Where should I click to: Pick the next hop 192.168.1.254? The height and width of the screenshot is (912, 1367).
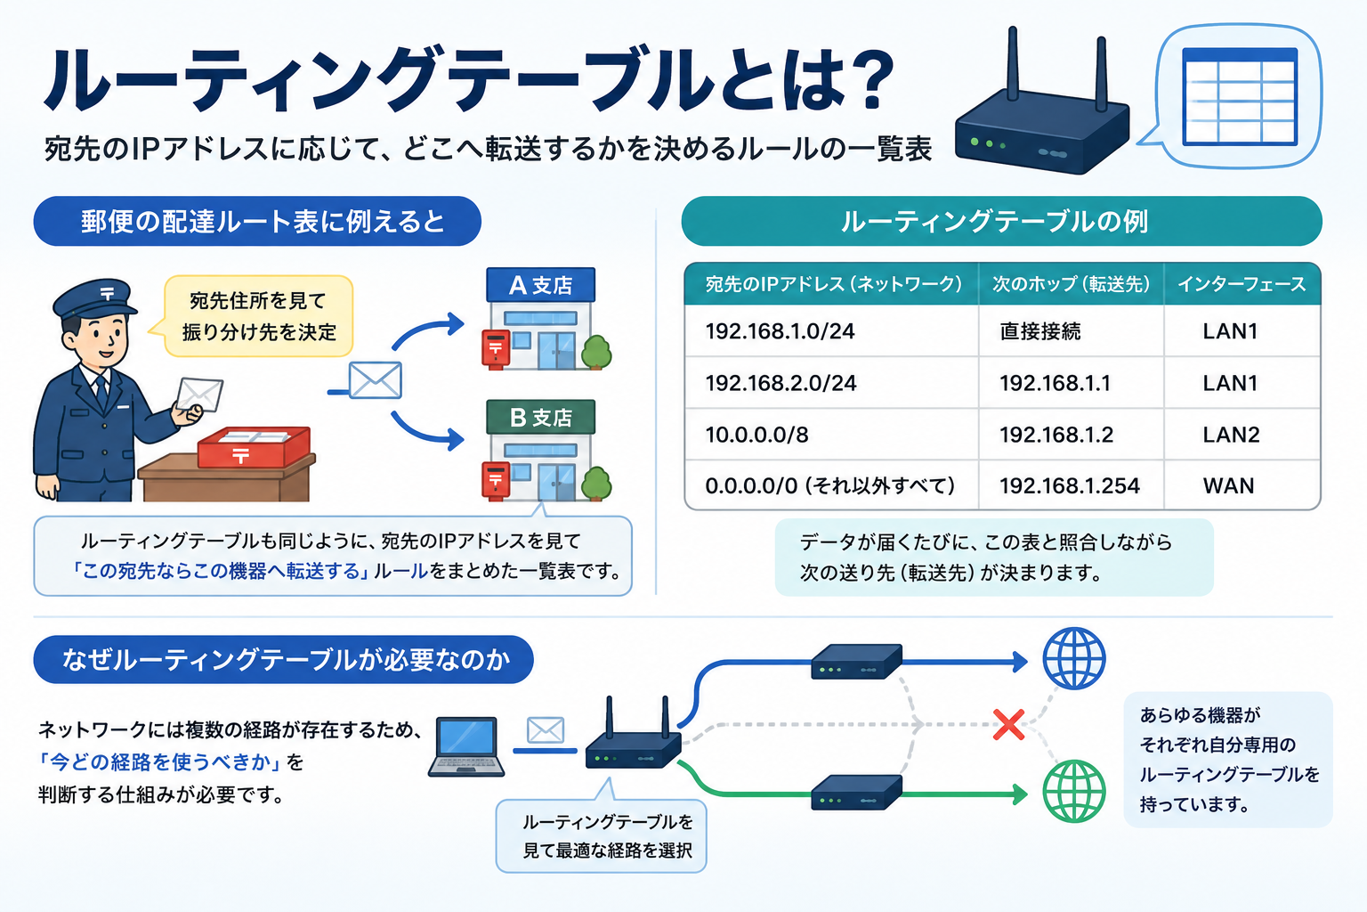point(1069,485)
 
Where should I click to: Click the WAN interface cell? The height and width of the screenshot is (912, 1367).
point(1228,485)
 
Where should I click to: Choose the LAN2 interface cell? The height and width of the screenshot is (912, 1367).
point(1231,435)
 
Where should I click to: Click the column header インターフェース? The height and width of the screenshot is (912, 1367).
point(1242,284)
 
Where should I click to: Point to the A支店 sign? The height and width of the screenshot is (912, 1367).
point(541,285)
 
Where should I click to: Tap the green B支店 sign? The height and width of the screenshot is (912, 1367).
point(541,417)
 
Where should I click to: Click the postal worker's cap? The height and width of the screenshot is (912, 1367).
point(95,300)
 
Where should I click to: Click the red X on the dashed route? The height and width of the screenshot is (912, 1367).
point(1008,724)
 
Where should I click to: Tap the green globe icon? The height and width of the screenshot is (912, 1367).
point(1074,792)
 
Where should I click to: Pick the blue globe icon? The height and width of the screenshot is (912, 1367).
point(1074,658)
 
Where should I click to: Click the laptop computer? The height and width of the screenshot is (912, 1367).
point(466,746)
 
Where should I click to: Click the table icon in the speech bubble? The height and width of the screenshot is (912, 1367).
point(1240,96)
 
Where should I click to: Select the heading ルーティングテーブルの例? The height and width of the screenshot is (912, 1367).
point(995,221)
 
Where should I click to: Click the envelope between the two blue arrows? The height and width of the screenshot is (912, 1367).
point(376,380)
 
